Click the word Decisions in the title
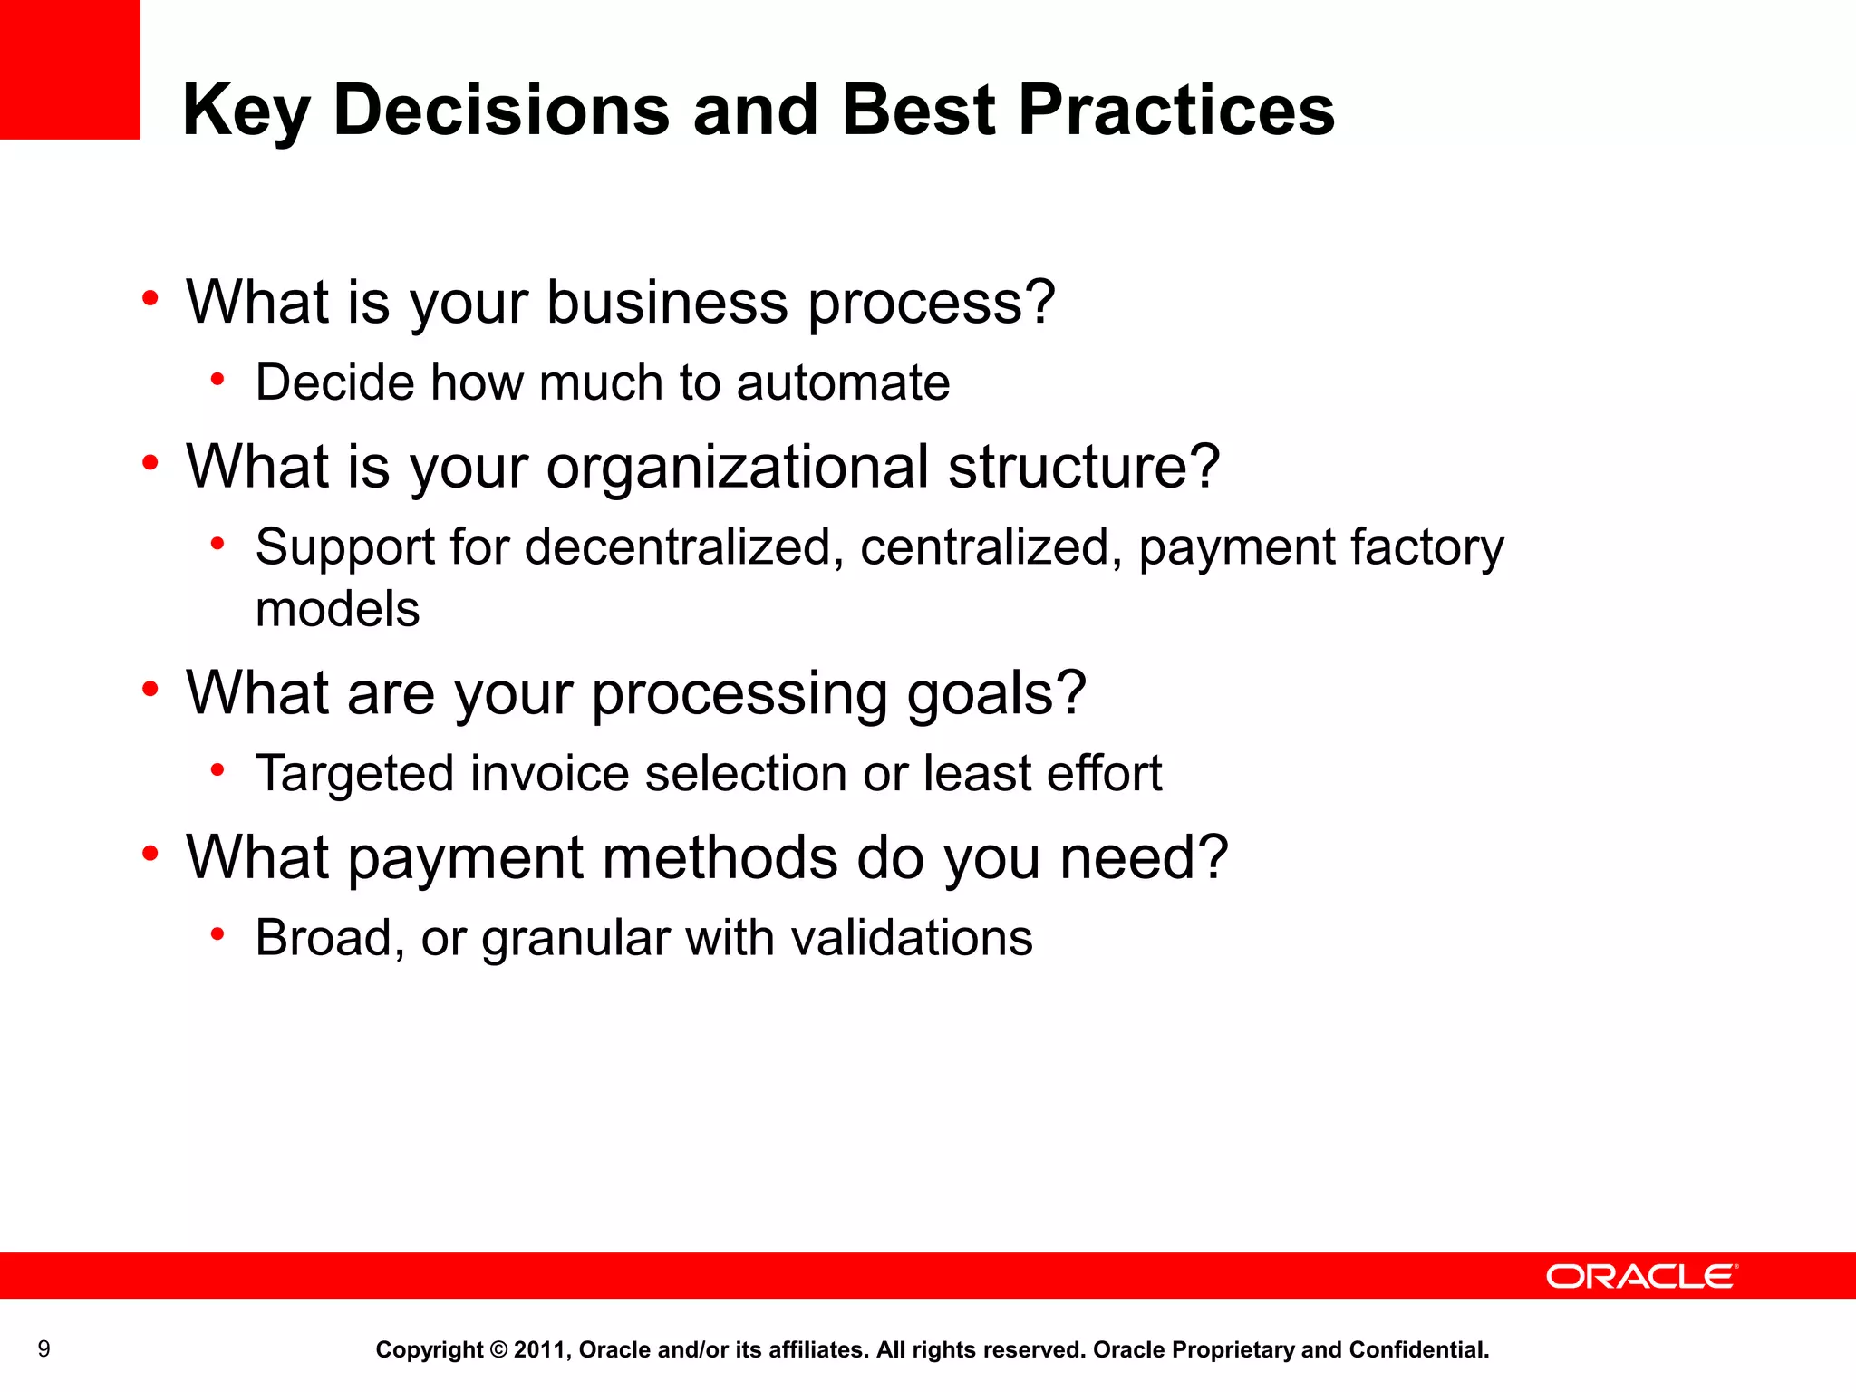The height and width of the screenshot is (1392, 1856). pyautogui.click(x=501, y=111)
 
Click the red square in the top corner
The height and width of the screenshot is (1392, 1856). pyautogui.click(x=70, y=69)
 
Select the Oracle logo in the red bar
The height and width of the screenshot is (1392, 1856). pyautogui.click(x=1641, y=1276)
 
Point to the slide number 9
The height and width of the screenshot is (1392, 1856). pyautogui.click(x=43, y=1349)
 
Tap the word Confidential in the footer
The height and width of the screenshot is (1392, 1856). pyautogui.click(x=1418, y=1350)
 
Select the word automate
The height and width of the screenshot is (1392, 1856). pyautogui.click(x=843, y=382)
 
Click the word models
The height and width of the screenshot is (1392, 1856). pyautogui.click(x=338, y=609)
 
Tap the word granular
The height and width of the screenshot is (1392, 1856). pyautogui.click(x=575, y=939)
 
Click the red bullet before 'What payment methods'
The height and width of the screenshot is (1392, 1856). pyautogui.click(x=150, y=853)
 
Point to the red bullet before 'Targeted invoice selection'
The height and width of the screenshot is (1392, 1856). pyautogui.click(x=217, y=770)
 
